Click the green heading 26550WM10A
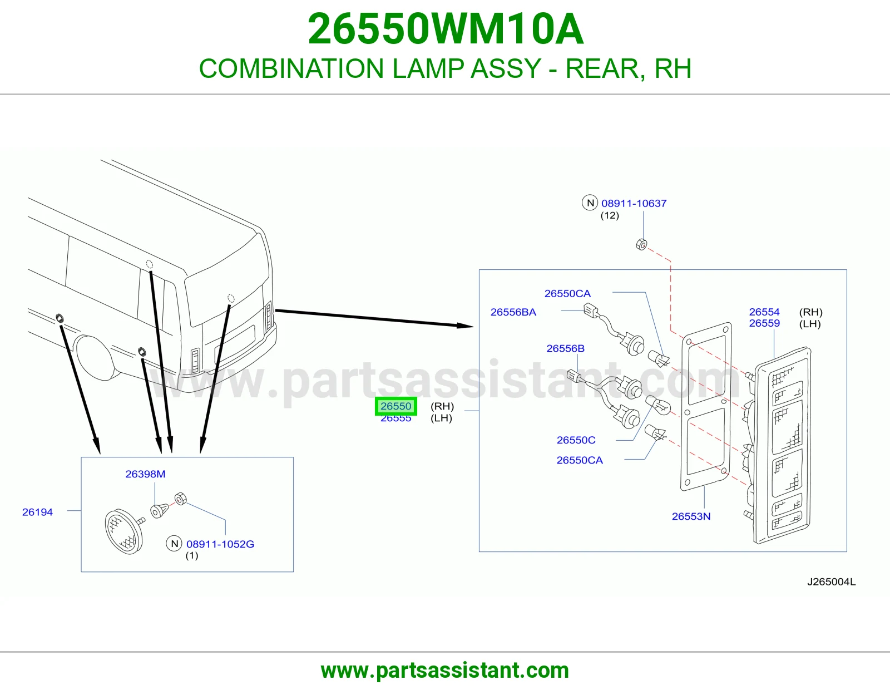pos(445,29)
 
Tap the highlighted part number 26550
pos(395,406)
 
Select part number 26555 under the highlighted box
pos(395,419)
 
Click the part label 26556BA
pos(513,312)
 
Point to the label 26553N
pos(691,516)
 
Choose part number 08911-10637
pos(634,203)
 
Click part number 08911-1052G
pos(220,544)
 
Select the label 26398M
pos(145,474)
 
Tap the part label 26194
pos(37,512)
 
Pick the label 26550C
pos(576,440)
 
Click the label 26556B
pos(565,348)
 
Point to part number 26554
pos(764,312)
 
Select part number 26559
pos(764,323)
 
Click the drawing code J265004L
pos(832,582)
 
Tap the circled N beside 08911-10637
pos(590,203)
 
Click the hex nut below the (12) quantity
pos(641,245)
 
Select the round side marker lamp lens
pos(123,531)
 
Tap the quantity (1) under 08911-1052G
pos(192,555)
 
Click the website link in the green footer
pos(445,671)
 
